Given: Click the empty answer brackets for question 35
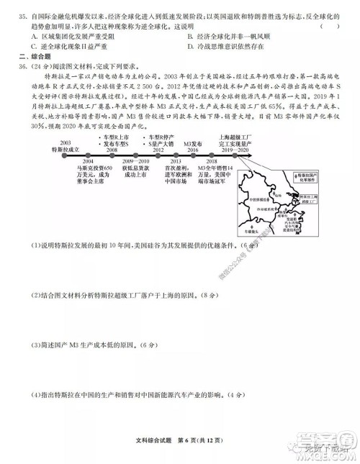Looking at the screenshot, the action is click(328, 25).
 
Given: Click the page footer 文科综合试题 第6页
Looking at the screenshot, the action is click(178, 450).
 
